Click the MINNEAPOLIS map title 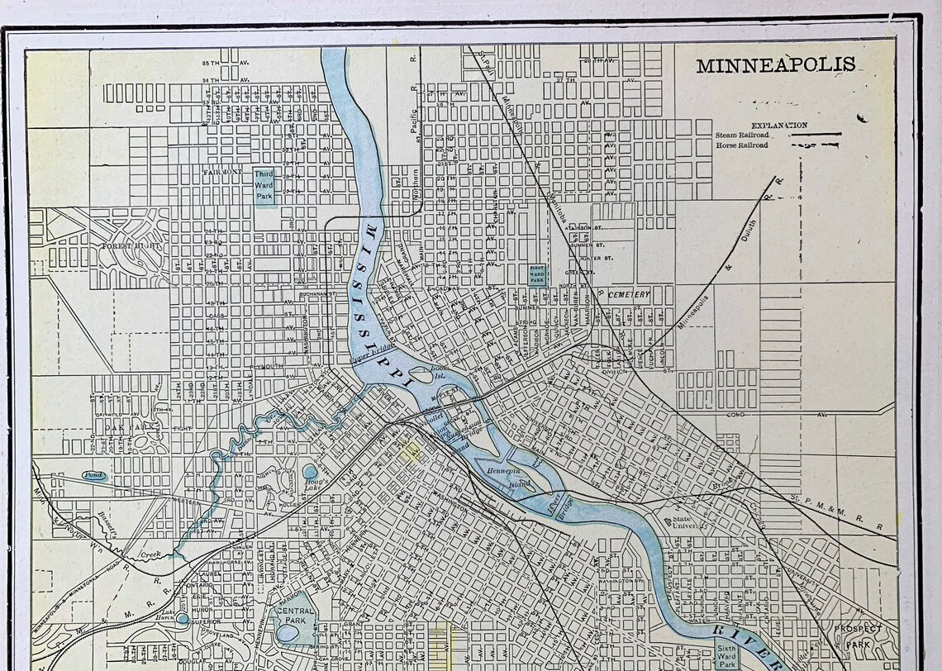pyautogui.click(x=775, y=65)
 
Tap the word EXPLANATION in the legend pyautogui.click(x=778, y=126)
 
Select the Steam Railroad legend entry pyautogui.click(x=742, y=134)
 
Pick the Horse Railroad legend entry pyautogui.click(x=741, y=145)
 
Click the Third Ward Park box pyautogui.click(x=264, y=187)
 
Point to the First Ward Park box pyautogui.click(x=538, y=274)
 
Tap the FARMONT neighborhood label pyautogui.click(x=222, y=173)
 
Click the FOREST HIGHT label pyautogui.click(x=129, y=246)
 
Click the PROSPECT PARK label pyautogui.click(x=857, y=635)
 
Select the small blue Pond pyautogui.click(x=93, y=476)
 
